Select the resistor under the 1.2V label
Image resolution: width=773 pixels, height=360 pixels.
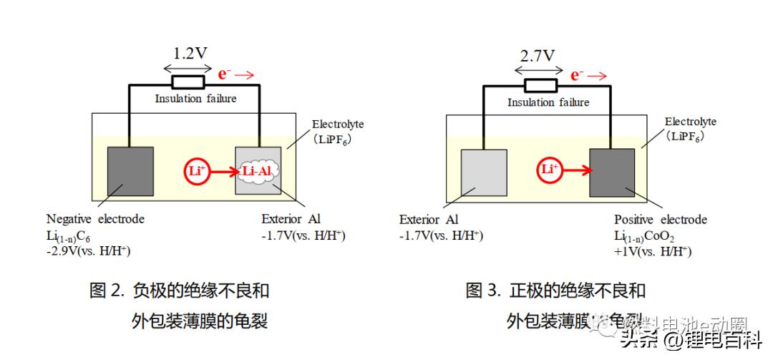(188, 82)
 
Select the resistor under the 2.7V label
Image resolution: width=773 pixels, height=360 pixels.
(541, 86)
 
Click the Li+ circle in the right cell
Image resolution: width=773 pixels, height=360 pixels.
(550, 170)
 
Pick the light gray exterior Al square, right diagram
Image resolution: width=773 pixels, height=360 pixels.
(485, 173)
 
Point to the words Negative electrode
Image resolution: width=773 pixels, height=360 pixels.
(95, 219)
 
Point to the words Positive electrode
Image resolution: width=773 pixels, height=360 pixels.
(660, 220)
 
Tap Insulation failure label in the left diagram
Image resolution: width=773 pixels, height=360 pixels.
(195, 99)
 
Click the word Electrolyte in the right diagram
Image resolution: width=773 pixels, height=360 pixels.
(690, 122)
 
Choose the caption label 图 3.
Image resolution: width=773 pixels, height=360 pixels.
(483, 291)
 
